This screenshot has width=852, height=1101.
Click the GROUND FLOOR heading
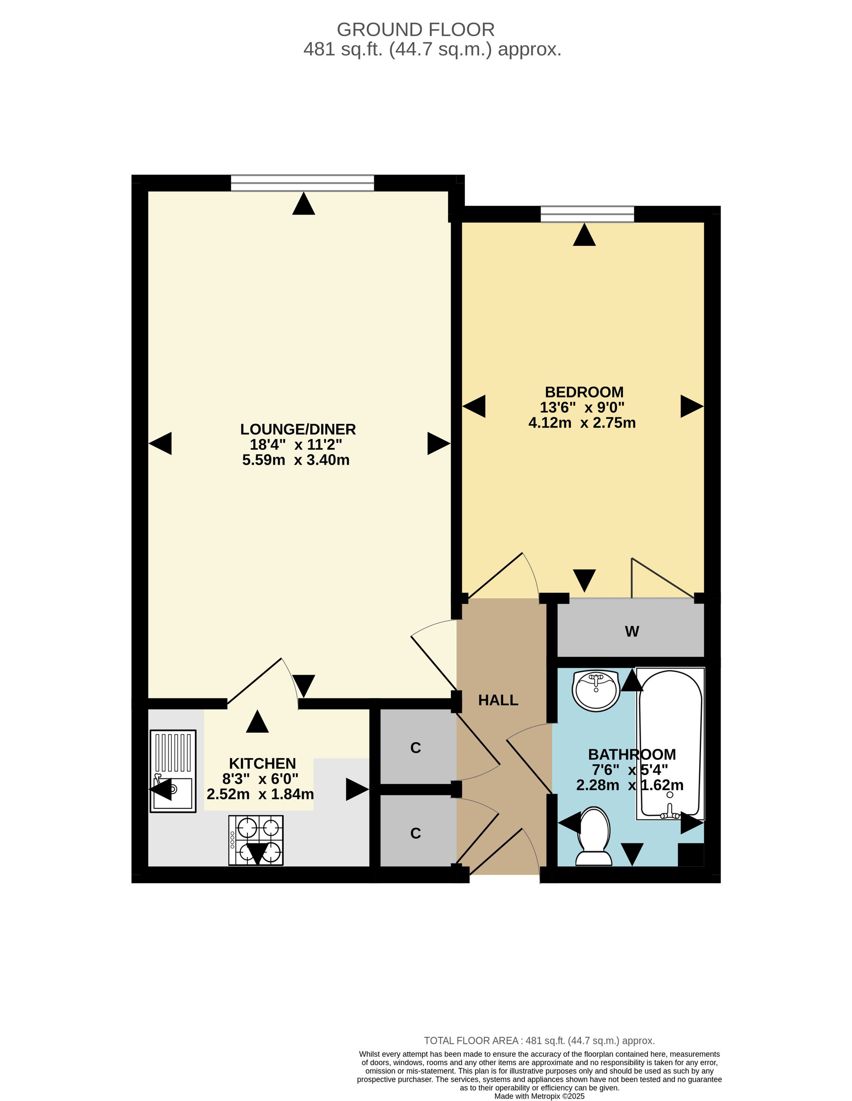coord(415,30)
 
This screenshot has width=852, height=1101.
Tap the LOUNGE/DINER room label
coord(298,429)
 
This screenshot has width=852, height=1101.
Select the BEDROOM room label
coord(584,392)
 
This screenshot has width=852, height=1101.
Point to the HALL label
coord(498,700)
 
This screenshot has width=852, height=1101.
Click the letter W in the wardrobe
coord(632,631)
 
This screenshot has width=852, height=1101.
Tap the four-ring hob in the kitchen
coord(256,840)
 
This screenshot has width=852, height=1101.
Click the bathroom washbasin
coord(596,691)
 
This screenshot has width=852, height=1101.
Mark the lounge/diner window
coord(302,183)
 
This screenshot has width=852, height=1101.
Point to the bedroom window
coord(587,214)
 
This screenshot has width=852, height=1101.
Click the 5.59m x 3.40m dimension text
coord(296,460)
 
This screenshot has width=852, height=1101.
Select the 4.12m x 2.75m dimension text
coord(582,423)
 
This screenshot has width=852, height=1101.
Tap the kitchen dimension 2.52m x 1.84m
coord(260,794)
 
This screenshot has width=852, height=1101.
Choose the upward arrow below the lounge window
coord(303,204)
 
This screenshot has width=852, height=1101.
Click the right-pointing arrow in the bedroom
coord(692,406)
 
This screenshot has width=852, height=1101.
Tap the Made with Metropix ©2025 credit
coord(539,1096)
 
